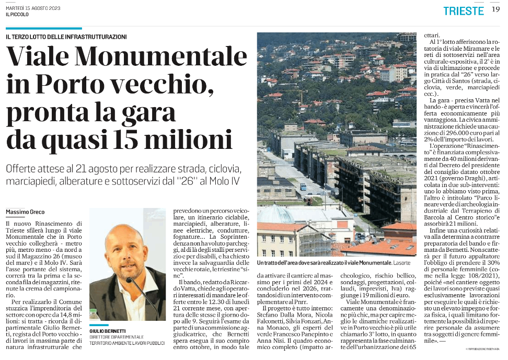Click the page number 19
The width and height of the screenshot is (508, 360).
(x=495, y=10)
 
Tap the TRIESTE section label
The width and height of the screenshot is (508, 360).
(x=464, y=11)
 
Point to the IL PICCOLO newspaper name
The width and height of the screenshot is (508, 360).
(x=17, y=14)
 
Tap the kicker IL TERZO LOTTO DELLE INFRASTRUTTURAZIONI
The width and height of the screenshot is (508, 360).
(x=66, y=37)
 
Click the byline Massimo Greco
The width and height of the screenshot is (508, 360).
(x=25, y=212)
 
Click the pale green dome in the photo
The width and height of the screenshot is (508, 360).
(x=275, y=215)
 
